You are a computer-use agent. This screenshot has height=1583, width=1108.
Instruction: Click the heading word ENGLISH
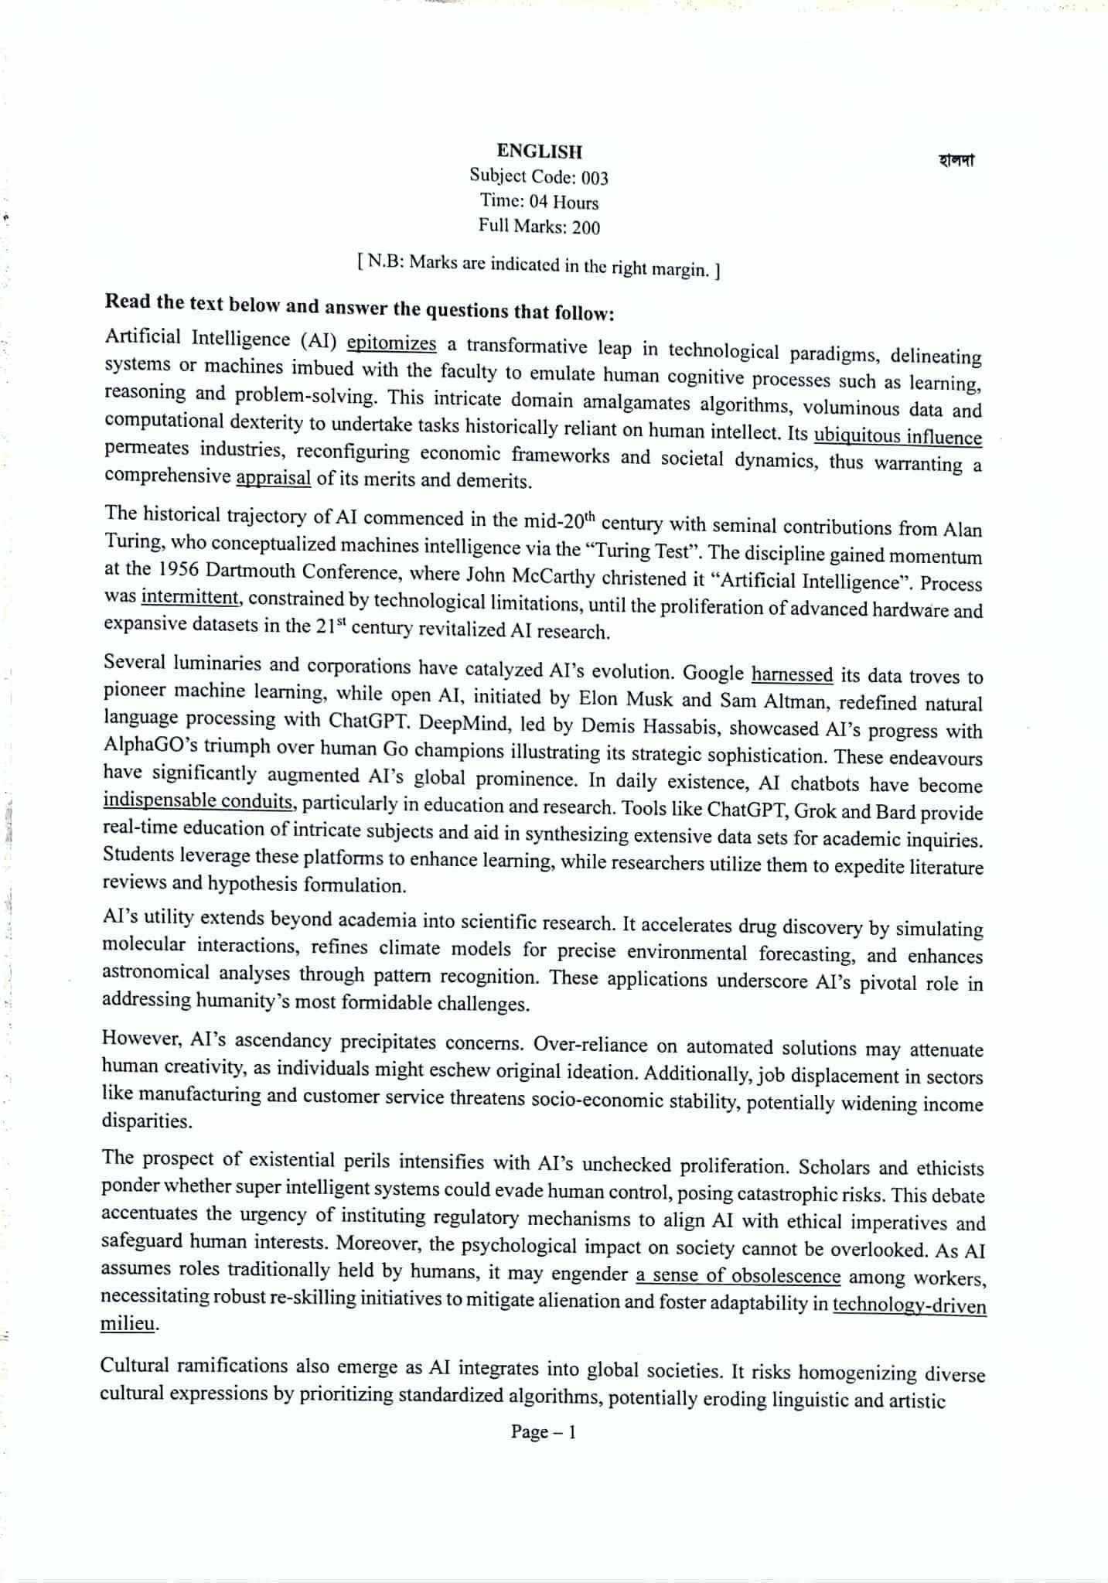coord(539,152)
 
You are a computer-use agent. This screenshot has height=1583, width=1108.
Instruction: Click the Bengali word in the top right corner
coord(956,161)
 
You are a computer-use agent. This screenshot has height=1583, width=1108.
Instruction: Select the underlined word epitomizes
coord(392,343)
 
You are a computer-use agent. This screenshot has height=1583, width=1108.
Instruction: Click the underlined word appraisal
coord(273,479)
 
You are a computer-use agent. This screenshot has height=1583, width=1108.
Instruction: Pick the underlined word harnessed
coord(792,675)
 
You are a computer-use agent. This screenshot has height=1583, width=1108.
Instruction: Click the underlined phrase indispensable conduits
coord(199,801)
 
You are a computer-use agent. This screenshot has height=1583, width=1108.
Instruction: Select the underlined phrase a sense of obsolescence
coord(738,1275)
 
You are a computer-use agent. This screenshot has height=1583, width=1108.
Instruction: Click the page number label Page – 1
coord(543,1432)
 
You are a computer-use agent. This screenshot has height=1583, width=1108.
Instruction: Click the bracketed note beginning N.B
coord(539,267)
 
